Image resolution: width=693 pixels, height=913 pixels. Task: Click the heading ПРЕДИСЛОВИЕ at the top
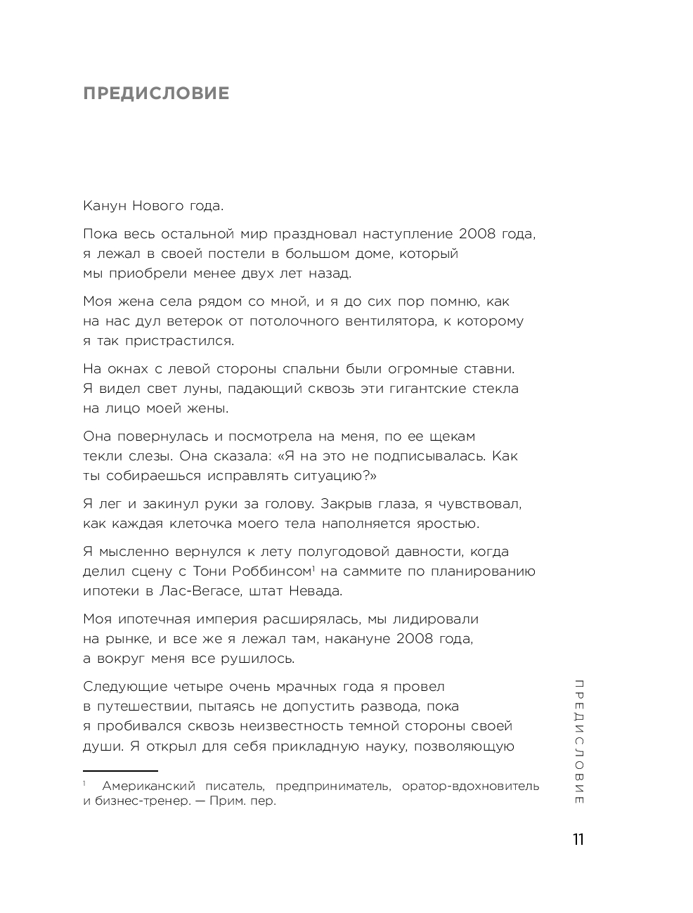tap(156, 93)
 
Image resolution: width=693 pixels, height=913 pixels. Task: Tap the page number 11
tap(578, 840)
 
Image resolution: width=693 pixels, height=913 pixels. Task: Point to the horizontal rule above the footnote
tap(120, 771)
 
